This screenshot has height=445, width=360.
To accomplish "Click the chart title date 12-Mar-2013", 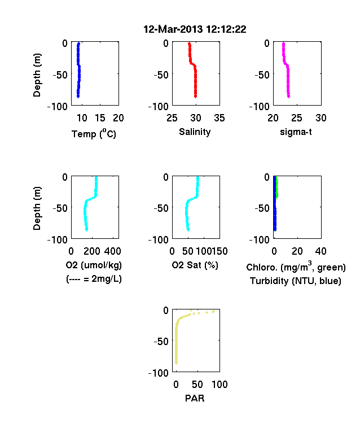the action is pos(173,29).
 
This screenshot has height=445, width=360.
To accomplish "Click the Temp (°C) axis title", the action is pos(94,133).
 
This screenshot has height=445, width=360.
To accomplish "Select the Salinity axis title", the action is pos(195,132).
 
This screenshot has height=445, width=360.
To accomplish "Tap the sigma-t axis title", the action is pos(296,132).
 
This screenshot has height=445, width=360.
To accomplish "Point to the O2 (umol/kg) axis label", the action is pos(94,265).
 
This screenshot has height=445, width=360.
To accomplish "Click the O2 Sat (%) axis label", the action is pos(195,265).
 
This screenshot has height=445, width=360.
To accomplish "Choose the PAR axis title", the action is pos(195,398).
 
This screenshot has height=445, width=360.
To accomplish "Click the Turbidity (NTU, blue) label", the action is pos(296,281).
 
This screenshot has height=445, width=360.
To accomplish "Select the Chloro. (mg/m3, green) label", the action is pos(296,267).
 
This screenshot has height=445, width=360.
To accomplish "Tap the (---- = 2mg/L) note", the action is pos(94,279).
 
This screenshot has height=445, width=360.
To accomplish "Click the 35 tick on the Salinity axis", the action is pos(219,118).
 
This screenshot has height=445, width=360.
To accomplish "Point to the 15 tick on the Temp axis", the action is pos(100,118).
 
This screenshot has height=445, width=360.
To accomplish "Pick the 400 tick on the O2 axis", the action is pos(112,251).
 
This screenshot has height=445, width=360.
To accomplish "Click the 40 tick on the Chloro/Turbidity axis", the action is pos(321,251).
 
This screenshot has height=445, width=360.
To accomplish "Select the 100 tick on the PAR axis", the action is pos(219,385).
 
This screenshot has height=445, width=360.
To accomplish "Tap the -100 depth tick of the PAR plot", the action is pos(159,373).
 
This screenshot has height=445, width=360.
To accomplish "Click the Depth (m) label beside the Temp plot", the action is pos(37,75).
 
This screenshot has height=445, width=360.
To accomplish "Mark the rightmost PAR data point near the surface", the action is pos(213,311).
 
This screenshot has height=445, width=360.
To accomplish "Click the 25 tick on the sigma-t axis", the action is pos(297,118).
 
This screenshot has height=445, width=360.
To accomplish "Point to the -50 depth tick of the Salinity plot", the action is pos(161,75).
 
